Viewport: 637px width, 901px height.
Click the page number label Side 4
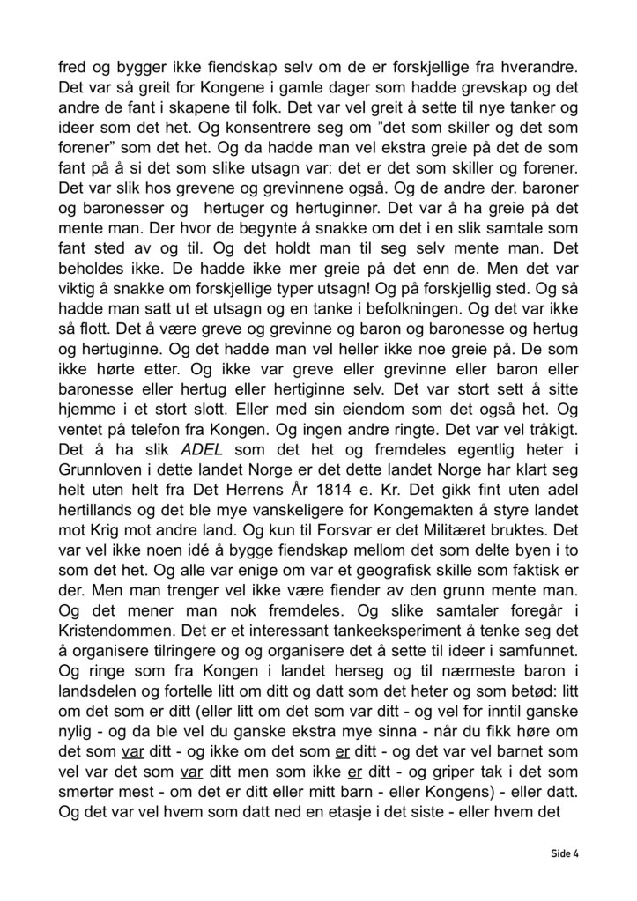tap(564, 853)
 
